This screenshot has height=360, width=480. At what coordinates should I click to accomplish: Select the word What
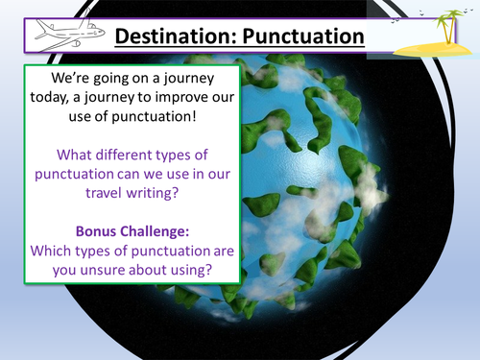77,154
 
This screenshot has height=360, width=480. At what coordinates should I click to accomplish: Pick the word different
137,154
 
